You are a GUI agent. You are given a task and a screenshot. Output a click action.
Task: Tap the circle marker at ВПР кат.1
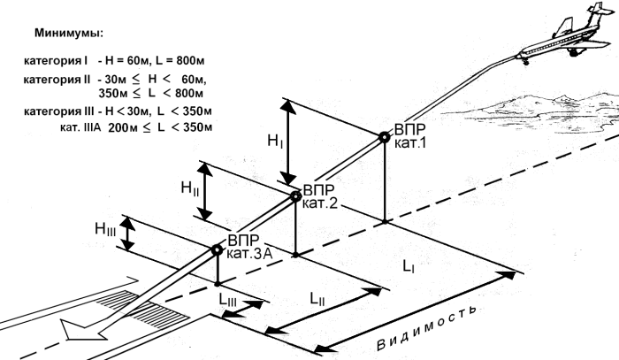(x=384, y=136)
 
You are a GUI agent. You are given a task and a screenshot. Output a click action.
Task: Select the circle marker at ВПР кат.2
(x=295, y=197)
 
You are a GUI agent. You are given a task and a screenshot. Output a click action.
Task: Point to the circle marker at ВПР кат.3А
(x=217, y=249)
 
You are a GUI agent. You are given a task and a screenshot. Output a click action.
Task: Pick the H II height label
(x=189, y=188)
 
